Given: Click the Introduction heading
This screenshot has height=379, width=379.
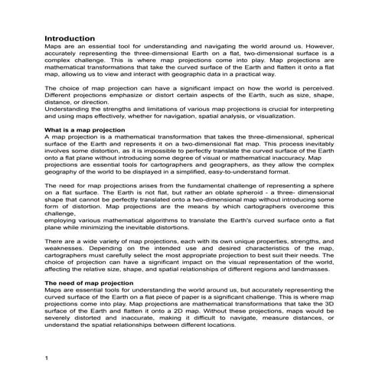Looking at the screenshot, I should [70, 38].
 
